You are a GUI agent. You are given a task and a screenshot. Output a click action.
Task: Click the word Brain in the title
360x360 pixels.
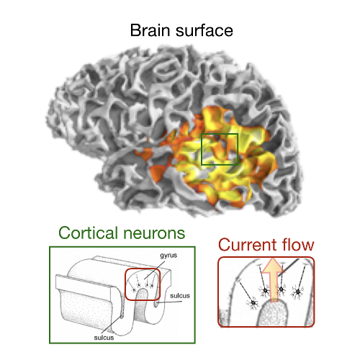tap(150, 30)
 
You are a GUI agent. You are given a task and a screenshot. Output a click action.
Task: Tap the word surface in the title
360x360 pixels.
tap(204, 31)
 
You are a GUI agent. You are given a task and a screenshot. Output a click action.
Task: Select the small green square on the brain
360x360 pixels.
tap(220, 149)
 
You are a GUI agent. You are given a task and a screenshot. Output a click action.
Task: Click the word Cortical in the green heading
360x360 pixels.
tap(89, 233)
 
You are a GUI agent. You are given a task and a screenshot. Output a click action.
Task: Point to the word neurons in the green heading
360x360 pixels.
tap(154, 233)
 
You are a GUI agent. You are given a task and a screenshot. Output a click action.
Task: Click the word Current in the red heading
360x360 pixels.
tap(248, 245)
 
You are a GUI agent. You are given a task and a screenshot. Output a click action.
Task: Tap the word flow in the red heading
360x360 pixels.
tap(298, 245)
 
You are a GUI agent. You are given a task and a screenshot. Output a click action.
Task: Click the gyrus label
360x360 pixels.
tap(168, 256)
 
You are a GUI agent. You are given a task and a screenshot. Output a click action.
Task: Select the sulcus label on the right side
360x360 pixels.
tap(180, 296)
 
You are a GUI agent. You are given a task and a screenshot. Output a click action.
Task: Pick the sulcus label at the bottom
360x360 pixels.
tap(104, 338)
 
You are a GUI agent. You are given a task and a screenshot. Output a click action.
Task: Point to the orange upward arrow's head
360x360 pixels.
tap(273, 266)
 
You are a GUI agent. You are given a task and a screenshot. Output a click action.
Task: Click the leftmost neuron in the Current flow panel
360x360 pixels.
tap(253, 303)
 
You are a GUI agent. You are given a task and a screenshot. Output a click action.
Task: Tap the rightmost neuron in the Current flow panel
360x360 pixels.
tap(298, 292)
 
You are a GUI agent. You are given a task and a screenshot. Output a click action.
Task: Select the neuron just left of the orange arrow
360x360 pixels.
tap(266, 291)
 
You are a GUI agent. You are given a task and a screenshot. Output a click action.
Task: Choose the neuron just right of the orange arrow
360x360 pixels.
tap(282, 290)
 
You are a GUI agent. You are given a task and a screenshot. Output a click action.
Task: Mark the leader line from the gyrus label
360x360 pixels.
tap(155, 270)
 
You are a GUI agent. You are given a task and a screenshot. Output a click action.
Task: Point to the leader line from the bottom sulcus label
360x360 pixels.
tap(113, 325)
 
